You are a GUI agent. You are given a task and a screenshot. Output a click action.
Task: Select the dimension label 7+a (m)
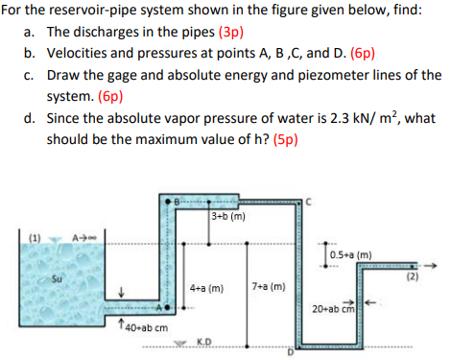(x=268, y=287)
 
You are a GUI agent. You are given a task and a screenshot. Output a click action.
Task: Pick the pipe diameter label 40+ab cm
(x=145, y=329)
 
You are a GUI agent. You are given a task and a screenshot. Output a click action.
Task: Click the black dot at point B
(x=176, y=204)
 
